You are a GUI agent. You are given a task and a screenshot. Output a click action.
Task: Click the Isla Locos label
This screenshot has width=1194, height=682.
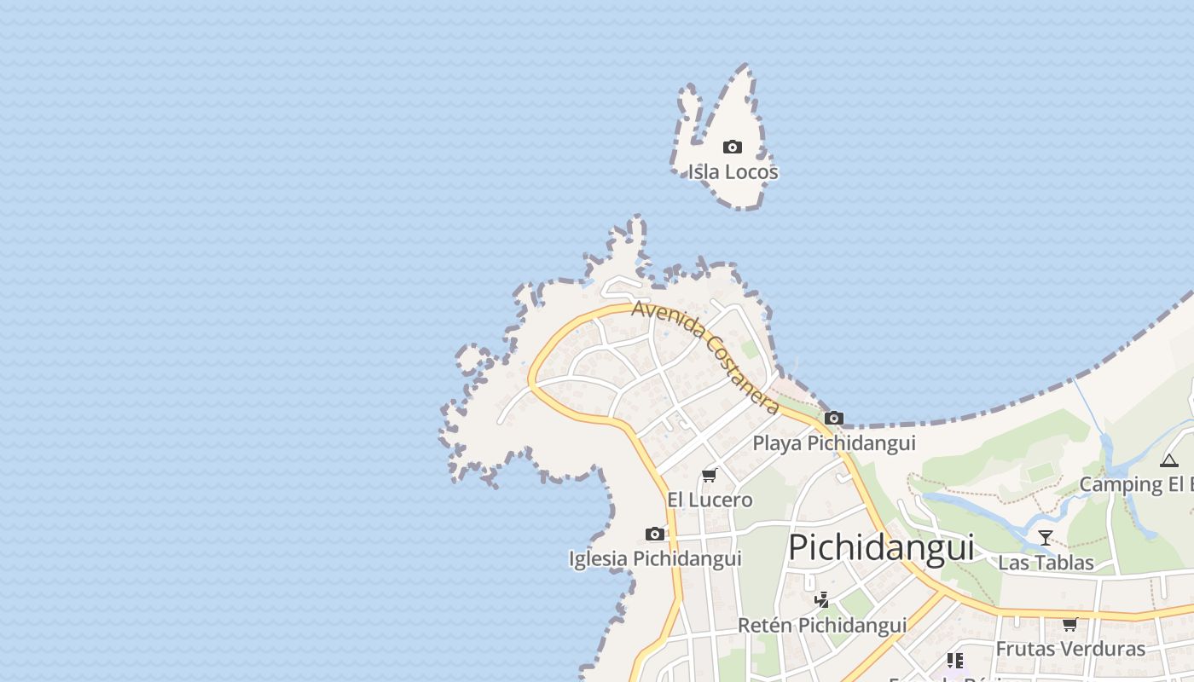(x=733, y=172)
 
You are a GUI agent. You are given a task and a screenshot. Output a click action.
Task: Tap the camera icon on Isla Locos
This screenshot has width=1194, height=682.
(x=732, y=147)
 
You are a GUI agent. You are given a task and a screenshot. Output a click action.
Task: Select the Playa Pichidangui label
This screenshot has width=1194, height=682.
(x=833, y=443)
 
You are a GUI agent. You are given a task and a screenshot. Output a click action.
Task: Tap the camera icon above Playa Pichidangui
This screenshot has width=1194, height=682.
(x=834, y=419)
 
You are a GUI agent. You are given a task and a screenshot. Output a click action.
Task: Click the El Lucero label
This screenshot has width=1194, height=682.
(x=710, y=500)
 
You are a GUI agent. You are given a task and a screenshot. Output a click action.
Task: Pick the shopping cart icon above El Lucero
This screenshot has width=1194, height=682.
(x=709, y=475)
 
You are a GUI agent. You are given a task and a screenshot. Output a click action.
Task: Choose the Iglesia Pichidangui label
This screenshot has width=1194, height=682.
(x=655, y=559)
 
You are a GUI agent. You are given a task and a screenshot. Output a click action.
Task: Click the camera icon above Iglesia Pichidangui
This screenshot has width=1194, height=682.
(x=655, y=535)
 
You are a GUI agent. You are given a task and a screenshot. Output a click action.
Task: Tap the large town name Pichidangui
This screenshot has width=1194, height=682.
(x=880, y=547)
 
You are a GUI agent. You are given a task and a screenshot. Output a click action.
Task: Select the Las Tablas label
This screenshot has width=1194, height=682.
(x=1046, y=563)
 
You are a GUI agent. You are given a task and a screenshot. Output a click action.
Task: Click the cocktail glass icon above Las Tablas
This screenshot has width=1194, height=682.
(x=1046, y=538)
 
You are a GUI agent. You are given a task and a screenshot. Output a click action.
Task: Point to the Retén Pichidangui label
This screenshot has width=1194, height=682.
(x=822, y=626)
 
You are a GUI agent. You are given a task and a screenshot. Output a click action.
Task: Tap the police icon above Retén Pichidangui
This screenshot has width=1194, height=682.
(x=821, y=601)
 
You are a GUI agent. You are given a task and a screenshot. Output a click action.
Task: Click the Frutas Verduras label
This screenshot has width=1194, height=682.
(x=1070, y=649)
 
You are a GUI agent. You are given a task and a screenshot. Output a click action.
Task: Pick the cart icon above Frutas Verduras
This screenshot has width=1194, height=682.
(x=1070, y=624)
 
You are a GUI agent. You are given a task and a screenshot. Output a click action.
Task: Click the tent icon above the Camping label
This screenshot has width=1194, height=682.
(x=1168, y=461)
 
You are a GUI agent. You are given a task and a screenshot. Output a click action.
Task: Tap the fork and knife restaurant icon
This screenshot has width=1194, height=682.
(x=955, y=661)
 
